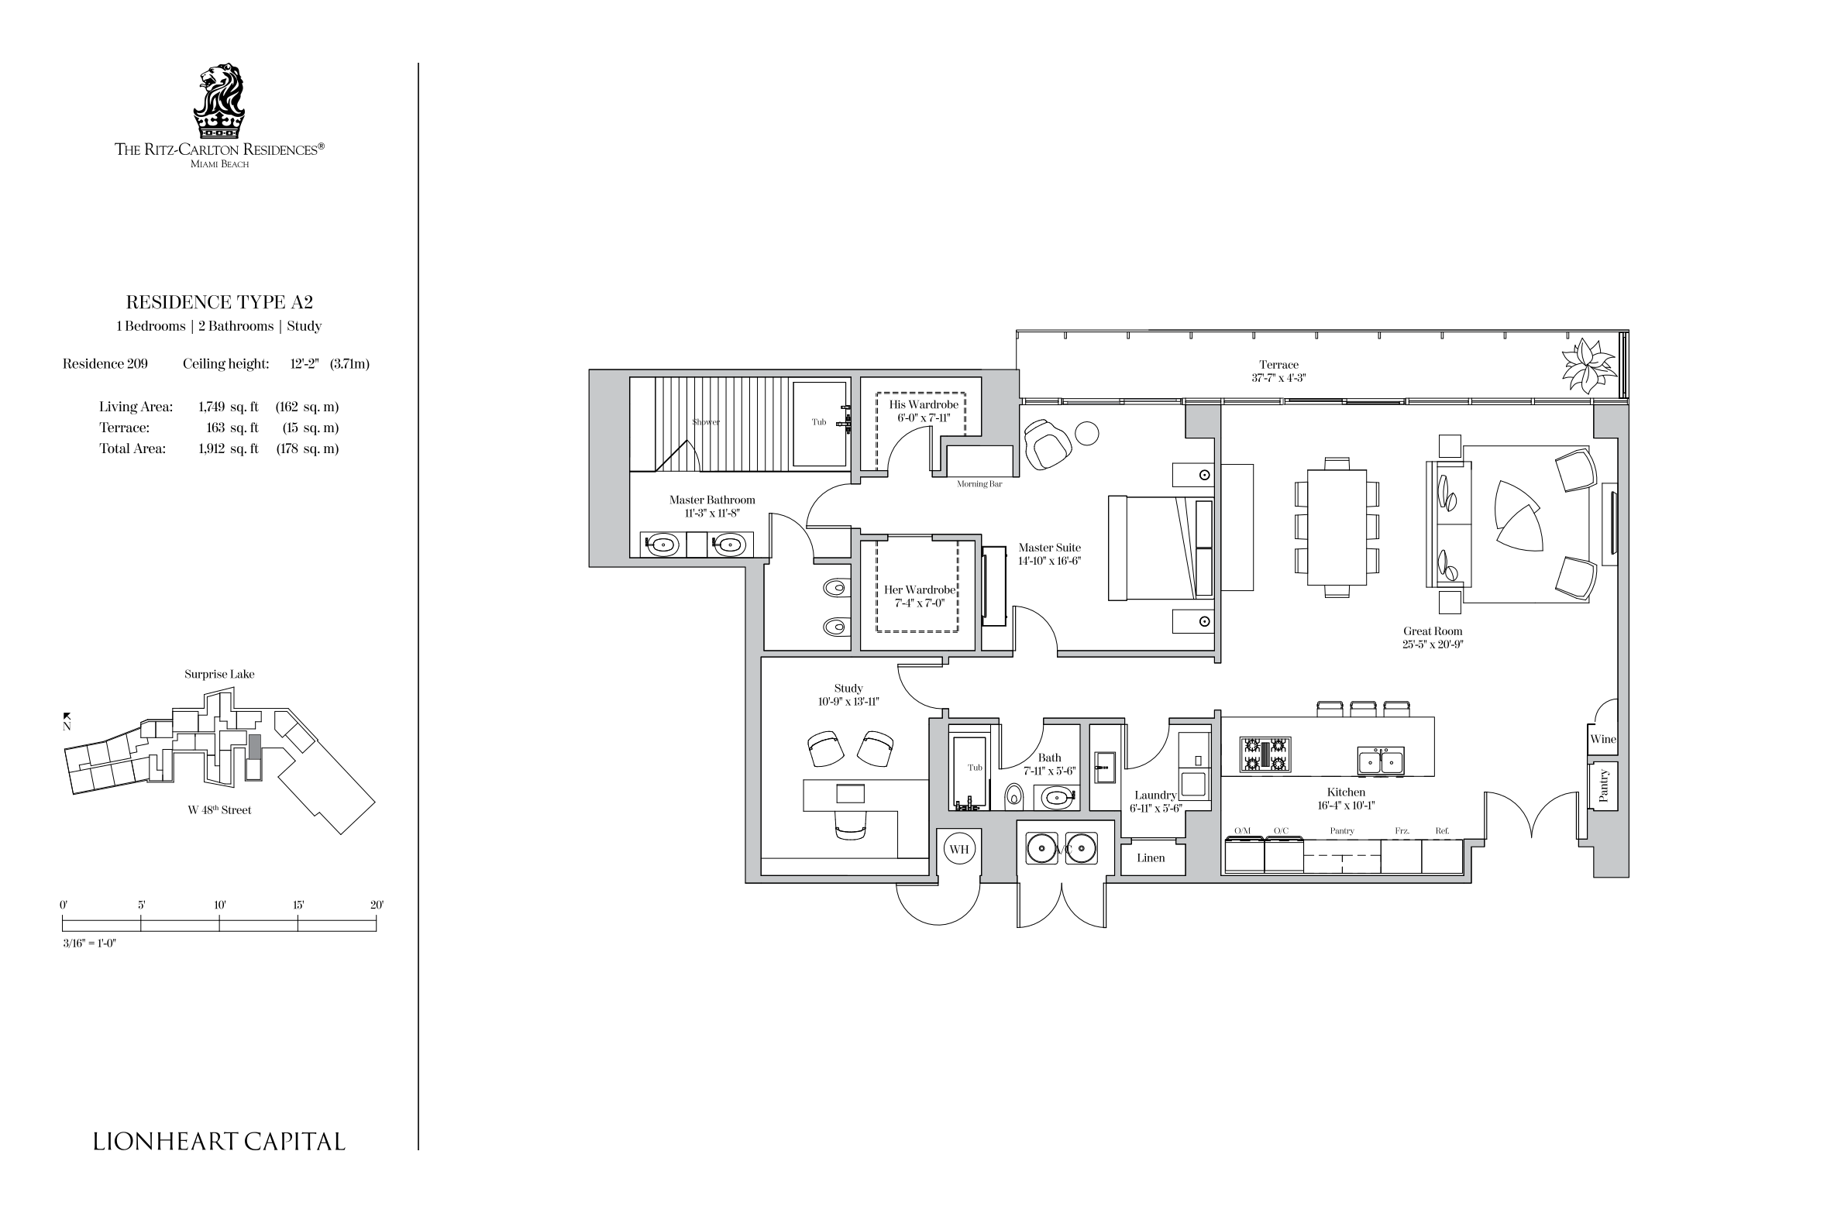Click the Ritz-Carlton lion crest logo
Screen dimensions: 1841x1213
coord(219,101)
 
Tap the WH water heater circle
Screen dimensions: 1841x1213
coord(958,849)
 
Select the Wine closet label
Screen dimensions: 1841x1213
coord(1603,739)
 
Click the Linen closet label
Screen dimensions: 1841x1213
coord(1151,858)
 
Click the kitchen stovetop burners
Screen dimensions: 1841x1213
coord(1265,754)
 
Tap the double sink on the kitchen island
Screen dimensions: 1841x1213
coord(1381,760)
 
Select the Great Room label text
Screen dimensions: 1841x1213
coord(1433,631)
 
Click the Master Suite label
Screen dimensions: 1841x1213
coord(1049,548)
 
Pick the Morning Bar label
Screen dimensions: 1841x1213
coord(979,484)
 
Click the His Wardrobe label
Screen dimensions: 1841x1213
coord(923,405)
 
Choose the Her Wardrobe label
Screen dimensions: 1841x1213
coord(920,590)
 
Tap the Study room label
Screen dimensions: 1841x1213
coord(848,689)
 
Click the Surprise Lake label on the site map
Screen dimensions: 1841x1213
coord(219,675)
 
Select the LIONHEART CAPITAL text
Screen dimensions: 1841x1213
coord(219,1141)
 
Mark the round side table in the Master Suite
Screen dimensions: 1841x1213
coord(1087,434)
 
